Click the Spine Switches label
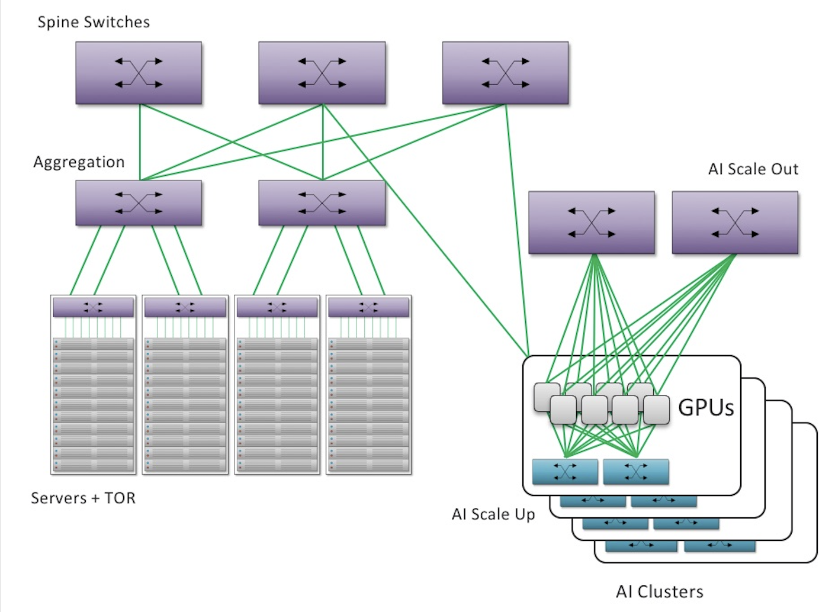[x=94, y=22]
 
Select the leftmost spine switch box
[x=139, y=73]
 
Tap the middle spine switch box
[x=322, y=73]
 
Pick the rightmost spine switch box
[x=505, y=73]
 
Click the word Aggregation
[x=79, y=162]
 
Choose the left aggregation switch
[x=139, y=202]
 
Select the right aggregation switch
[x=322, y=202]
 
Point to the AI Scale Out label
[x=753, y=169]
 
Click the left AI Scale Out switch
[x=592, y=223]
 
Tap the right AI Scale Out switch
[x=735, y=223]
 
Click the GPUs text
[x=706, y=408]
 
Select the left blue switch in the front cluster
[x=565, y=472]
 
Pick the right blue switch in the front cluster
[x=636, y=472]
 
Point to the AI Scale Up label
[x=493, y=514]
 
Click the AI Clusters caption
[x=660, y=591]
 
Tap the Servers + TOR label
[x=83, y=498]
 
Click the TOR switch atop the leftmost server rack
[x=93, y=307]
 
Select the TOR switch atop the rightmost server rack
[x=368, y=307]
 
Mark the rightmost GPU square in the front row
[x=656, y=410]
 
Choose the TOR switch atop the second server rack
[x=185, y=307]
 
